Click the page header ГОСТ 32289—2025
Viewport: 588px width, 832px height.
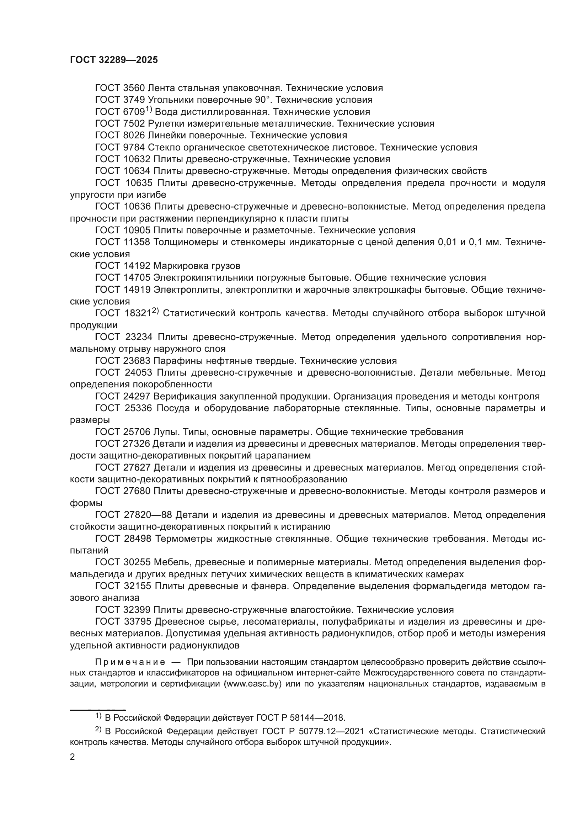pyautogui.click(x=114, y=60)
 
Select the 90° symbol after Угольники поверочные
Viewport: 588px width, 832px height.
pyautogui.click(x=260, y=100)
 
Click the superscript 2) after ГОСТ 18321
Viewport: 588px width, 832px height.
pyautogui.click(x=155, y=311)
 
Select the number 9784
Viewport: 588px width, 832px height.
pyautogui.click(x=135, y=148)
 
